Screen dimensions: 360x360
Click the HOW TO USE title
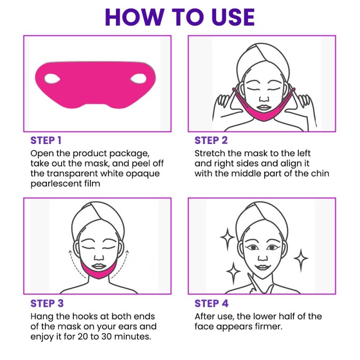180,17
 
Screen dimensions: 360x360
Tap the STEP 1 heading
46,140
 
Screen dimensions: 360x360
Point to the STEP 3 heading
47,303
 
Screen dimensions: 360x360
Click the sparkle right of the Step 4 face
301,259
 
